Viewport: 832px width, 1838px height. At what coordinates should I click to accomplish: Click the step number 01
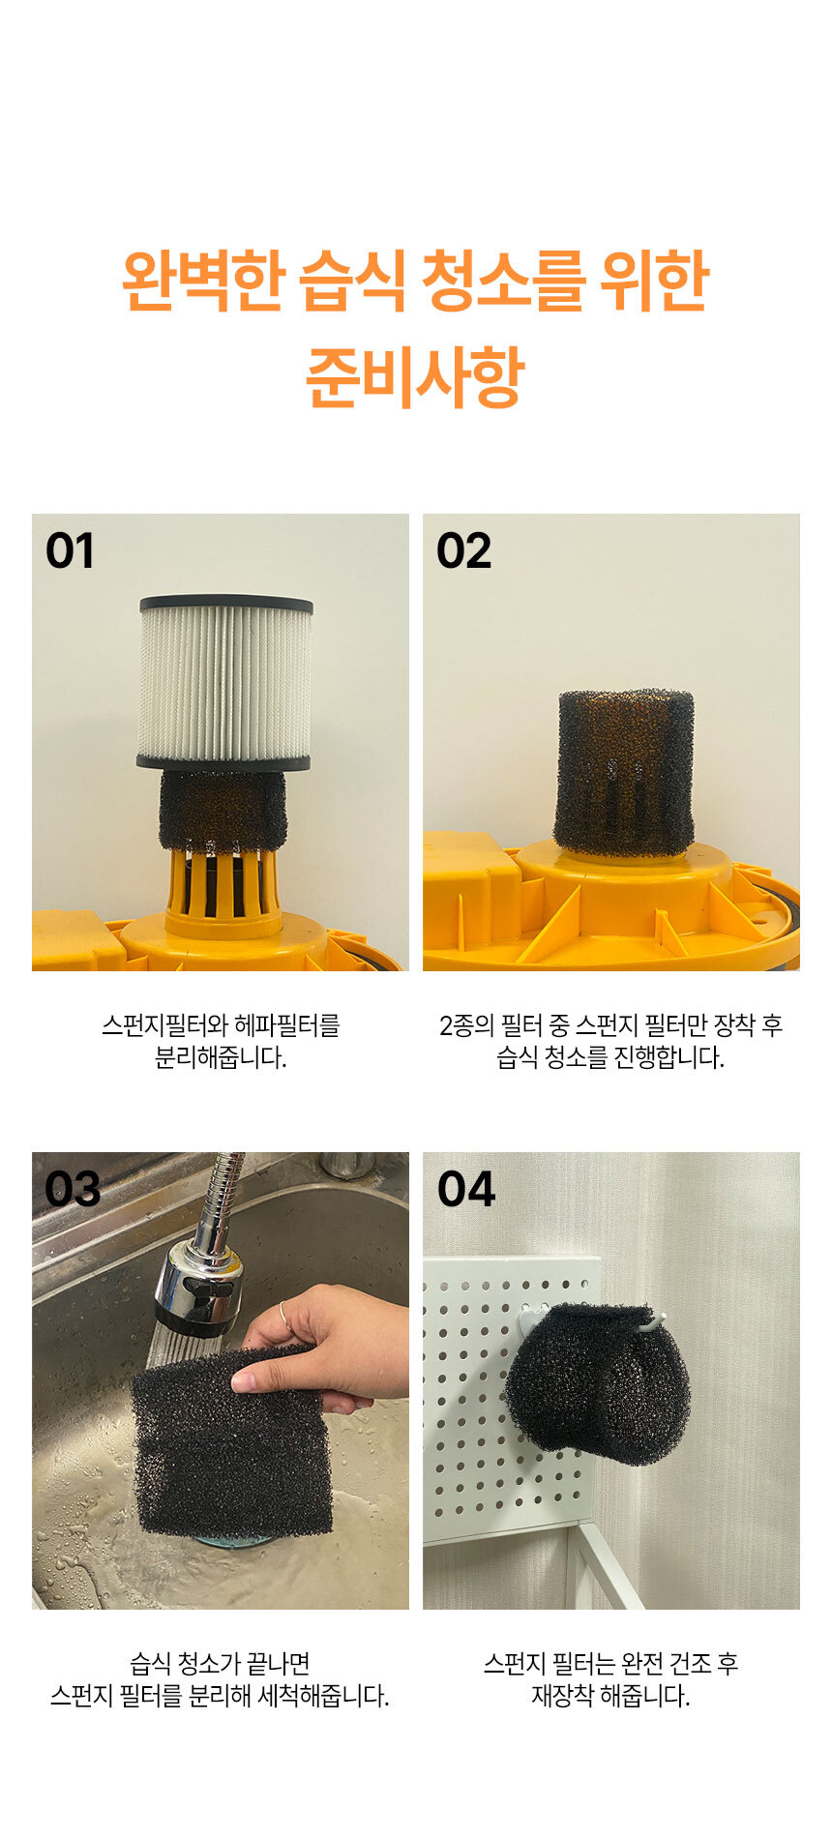pos(70,551)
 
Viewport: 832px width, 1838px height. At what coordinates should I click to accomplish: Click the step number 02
pos(463,551)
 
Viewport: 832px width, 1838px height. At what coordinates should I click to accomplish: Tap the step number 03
pos(73,1189)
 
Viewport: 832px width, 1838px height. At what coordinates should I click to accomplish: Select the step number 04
pos(465,1189)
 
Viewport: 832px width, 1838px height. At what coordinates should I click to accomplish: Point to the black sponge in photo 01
pos(223,811)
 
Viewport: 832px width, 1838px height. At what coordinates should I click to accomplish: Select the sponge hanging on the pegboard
pos(596,1381)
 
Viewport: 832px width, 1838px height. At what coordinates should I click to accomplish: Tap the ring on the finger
pos(283,1313)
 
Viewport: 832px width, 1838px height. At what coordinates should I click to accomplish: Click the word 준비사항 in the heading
pos(415,377)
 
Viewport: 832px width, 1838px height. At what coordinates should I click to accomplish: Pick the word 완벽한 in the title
pos(202,282)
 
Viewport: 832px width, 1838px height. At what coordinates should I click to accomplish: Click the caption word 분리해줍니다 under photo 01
pos(221,1057)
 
